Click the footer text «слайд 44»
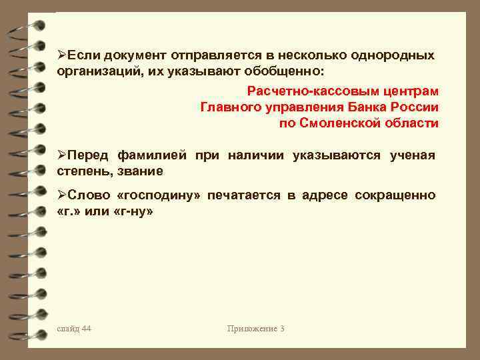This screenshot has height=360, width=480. (x=75, y=329)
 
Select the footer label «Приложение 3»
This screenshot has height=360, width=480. (x=255, y=329)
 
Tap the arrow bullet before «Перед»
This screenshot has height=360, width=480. (x=61, y=156)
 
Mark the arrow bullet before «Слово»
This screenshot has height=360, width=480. (x=61, y=195)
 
